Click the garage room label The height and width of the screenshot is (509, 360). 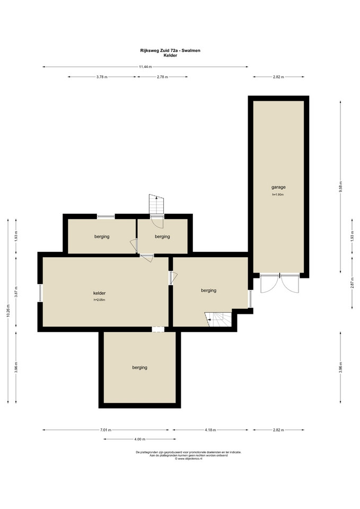pos(278,187)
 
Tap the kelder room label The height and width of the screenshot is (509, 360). pos(99,293)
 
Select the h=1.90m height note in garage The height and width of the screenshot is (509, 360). pos(278,195)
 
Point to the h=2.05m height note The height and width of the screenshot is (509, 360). pos(99,300)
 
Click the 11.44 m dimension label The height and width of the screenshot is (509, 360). pos(145,67)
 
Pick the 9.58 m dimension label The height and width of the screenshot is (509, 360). pos(340,187)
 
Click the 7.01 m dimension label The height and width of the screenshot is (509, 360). pos(106,430)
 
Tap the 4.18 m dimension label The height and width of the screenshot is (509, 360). pos(210,430)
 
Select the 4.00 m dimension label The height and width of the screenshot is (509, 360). pos(139,439)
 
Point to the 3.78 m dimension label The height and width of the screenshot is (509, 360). pos(102,77)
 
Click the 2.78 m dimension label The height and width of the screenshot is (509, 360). pos(162,77)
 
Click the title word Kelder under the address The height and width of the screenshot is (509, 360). pos(170,56)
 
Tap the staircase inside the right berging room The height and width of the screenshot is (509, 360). pos(218,319)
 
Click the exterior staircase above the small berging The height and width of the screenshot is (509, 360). pos(156,204)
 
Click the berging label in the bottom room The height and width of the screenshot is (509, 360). pos(139,367)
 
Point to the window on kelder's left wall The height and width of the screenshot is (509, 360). pos(41,293)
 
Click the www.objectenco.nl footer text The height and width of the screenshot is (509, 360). pos(188,459)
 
